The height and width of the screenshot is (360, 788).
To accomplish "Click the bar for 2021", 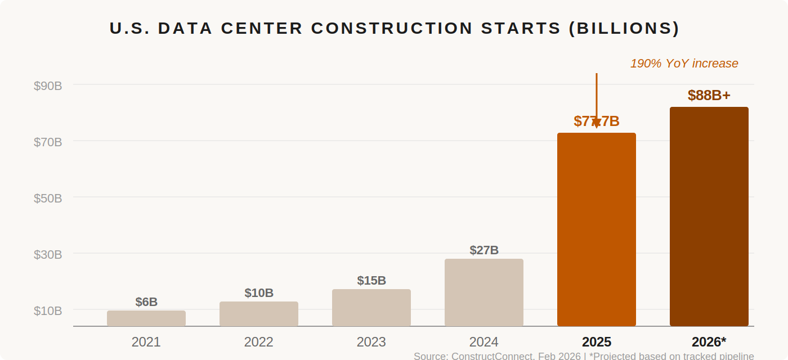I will point(146,318).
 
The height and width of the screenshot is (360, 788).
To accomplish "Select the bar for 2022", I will point(259,314).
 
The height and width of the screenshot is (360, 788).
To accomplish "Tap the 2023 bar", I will point(371,308).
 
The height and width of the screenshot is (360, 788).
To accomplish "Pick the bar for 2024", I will point(484,292).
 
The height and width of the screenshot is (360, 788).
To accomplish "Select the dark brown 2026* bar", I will point(709,217).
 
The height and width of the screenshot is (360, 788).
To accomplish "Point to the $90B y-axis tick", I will point(48,85).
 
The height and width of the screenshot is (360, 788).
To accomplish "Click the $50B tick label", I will point(48,198).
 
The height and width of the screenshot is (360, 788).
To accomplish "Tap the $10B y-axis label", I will point(48,310).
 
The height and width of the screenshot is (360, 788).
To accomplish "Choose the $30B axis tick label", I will point(48,254).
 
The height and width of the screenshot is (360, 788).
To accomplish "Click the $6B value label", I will point(146,302).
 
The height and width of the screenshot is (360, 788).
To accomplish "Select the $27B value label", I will point(484,250).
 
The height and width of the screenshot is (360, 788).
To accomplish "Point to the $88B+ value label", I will point(709,96).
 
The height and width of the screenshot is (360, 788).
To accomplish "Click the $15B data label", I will point(371,281).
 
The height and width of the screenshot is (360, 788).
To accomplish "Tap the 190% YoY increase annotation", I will point(684,64).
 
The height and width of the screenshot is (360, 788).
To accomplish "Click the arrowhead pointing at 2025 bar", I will point(597,124).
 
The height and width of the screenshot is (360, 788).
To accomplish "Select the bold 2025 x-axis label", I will point(597,342).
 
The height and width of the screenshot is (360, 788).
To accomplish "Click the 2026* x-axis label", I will point(709,342).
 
